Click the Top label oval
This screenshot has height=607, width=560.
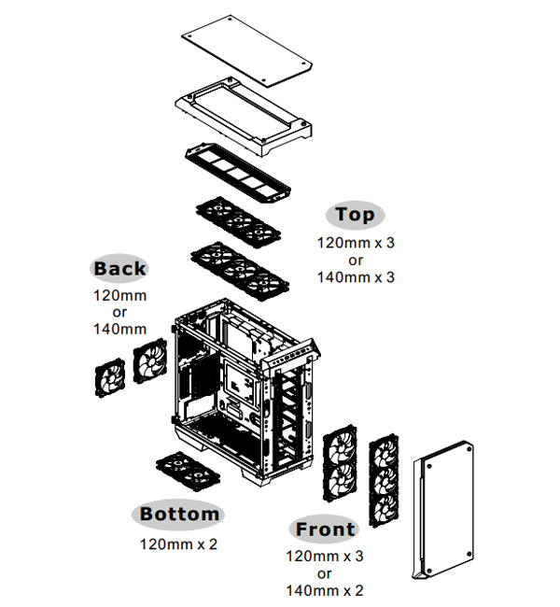pyautogui.click(x=355, y=215)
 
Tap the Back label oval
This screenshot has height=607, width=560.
pyautogui.click(x=119, y=269)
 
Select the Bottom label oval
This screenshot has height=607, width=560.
pyautogui.click(x=179, y=514)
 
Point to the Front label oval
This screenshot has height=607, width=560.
pyautogui.click(x=325, y=529)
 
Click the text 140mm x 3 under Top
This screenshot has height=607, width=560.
pyautogui.click(x=356, y=277)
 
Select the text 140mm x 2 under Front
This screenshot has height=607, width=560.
pyautogui.click(x=326, y=590)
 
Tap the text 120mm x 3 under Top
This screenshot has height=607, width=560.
pyautogui.click(x=356, y=243)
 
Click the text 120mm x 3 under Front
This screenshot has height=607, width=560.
pyautogui.click(x=326, y=557)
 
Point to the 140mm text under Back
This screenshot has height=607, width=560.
pyautogui.click(x=119, y=328)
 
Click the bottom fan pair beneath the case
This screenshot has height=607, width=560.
pyautogui.click(x=187, y=469)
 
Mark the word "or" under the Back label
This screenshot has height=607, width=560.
pyautogui.click(x=119, y=312)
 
